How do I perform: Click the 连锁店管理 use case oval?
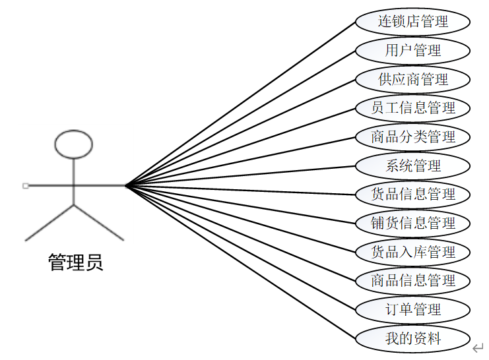[413, 22]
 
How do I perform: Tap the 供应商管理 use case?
[413, 80]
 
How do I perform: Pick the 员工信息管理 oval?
[413, 108]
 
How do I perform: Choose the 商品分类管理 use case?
[413, 137]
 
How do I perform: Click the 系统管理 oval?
[413, 165]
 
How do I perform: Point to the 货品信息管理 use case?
[413, 195]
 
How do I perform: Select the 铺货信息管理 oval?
[413, 223]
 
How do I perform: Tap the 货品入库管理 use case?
[413, 252]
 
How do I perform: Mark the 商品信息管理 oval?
[413, 281]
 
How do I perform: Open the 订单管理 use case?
[413, 309]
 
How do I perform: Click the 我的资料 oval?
[413, 339]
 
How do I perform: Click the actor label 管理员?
[75, 263]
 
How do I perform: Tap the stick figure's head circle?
[73, 145]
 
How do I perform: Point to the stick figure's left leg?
[49, 222]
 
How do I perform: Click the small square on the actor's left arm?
[25, 186]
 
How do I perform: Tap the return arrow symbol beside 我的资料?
[478, 347]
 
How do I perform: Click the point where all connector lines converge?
[125, 186]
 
